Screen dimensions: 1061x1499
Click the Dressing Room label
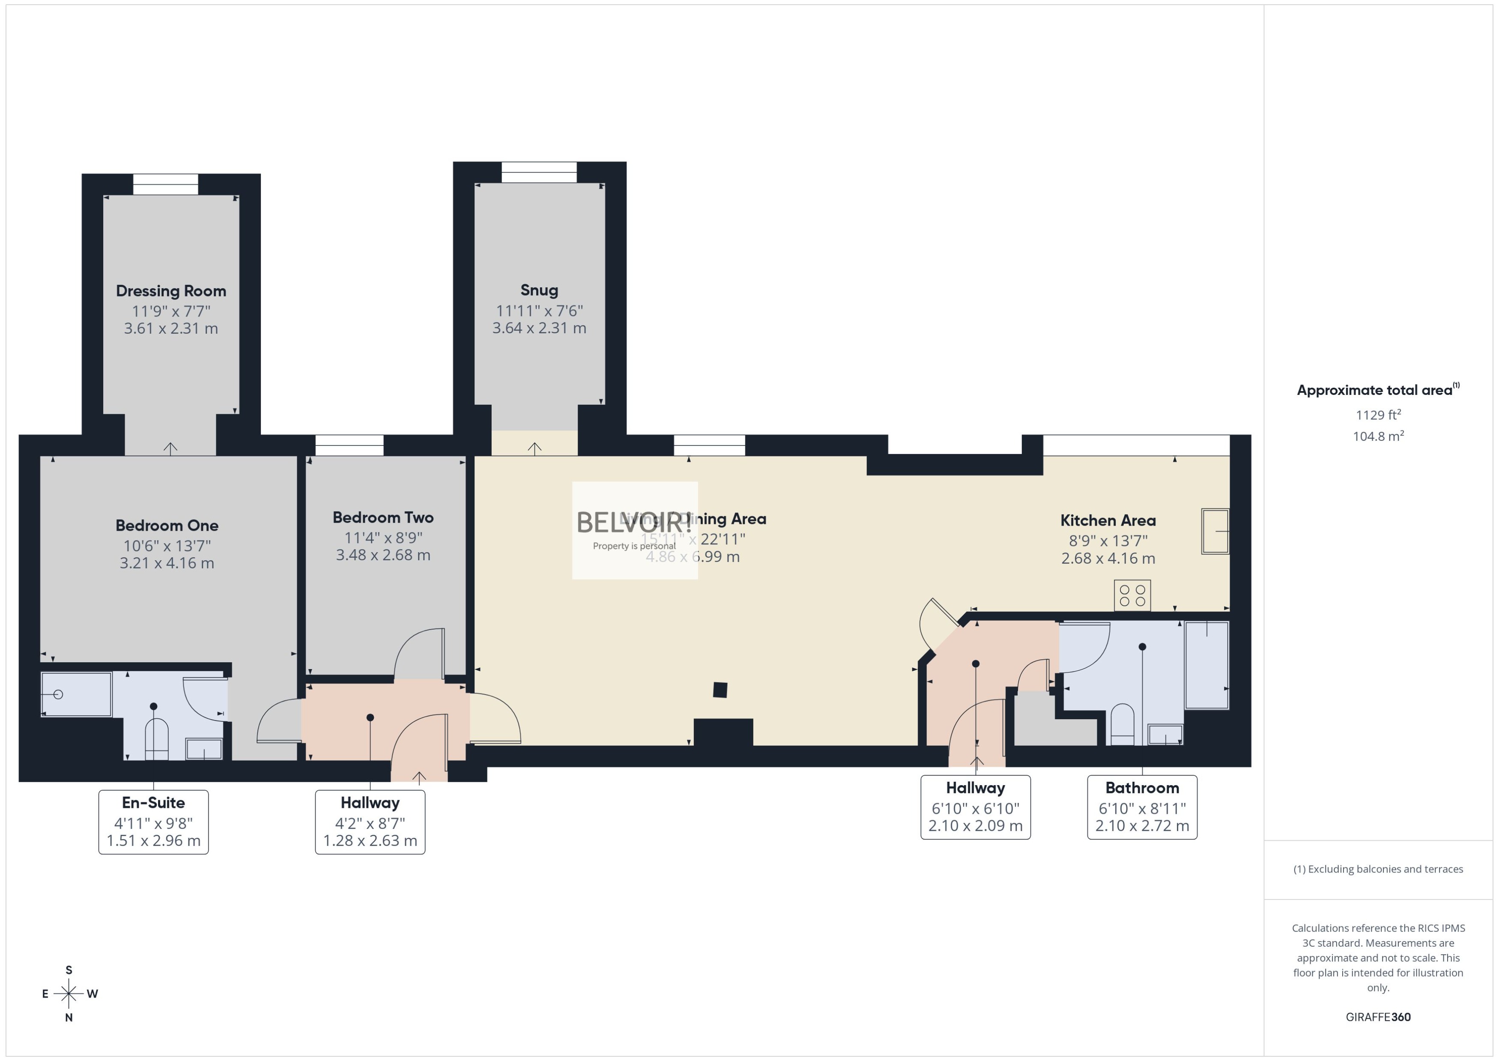coord(171,291)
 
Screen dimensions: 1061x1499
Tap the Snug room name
coord(539,290)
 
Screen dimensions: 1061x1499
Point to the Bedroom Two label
coord(383,517)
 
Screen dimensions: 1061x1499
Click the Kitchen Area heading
coord(1108,521)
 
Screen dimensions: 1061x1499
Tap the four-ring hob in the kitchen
coord(1132,595)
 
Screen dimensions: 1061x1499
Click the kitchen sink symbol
coord(1215,531)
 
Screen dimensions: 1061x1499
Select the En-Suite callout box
coord(153,822)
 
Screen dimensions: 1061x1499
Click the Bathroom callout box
coord(1142,807)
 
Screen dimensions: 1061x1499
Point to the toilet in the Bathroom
coord(1122,724)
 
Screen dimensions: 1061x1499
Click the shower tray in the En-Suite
coord(76,694)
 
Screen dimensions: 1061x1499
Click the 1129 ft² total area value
coord(1378,415)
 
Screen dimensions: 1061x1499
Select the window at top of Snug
coord(539,173)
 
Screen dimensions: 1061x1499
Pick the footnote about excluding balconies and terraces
coord(1378,869)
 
